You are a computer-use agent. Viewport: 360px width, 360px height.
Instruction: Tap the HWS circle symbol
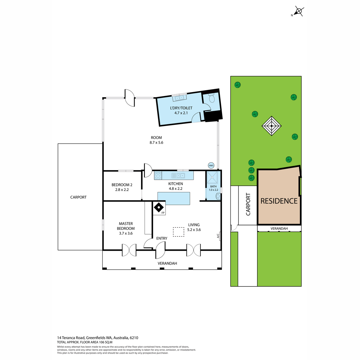click(x=211, y=166)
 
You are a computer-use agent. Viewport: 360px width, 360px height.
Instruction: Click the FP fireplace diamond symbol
click(x=159, y=207)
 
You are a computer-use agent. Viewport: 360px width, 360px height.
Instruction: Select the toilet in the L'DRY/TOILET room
click(x=212, y=99)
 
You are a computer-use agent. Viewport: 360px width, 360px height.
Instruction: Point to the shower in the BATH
click(x=212, y=177)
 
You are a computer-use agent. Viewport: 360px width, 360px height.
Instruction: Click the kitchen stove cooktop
click(x=158, y=175)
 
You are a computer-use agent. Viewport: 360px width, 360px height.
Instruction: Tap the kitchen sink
click(x=178, y=175)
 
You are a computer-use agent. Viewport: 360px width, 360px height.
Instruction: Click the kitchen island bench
click(x=174, y=198)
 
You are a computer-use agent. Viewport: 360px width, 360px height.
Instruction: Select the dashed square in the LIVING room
click(x=178, y=232)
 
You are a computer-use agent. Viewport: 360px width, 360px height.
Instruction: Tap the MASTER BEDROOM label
click(x=126, y=226)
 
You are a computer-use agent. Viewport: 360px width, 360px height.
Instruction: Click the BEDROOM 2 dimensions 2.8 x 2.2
click(x=122, y=190)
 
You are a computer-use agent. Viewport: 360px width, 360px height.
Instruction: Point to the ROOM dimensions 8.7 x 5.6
click(x=156, y=142)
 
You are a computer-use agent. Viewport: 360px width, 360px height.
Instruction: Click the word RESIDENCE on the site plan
click(x=279, y=201)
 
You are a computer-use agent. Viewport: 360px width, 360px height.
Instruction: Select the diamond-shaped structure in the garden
click(x=271, y=126)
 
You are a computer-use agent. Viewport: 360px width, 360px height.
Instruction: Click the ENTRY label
click(x=162, y=238)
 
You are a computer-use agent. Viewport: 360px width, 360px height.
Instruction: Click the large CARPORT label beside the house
click(x=78, y=197)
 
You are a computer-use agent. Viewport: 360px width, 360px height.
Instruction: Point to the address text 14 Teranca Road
click(x=71, y=343)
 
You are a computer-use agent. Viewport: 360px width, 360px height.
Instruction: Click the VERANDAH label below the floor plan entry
click(x=167, y=263)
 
